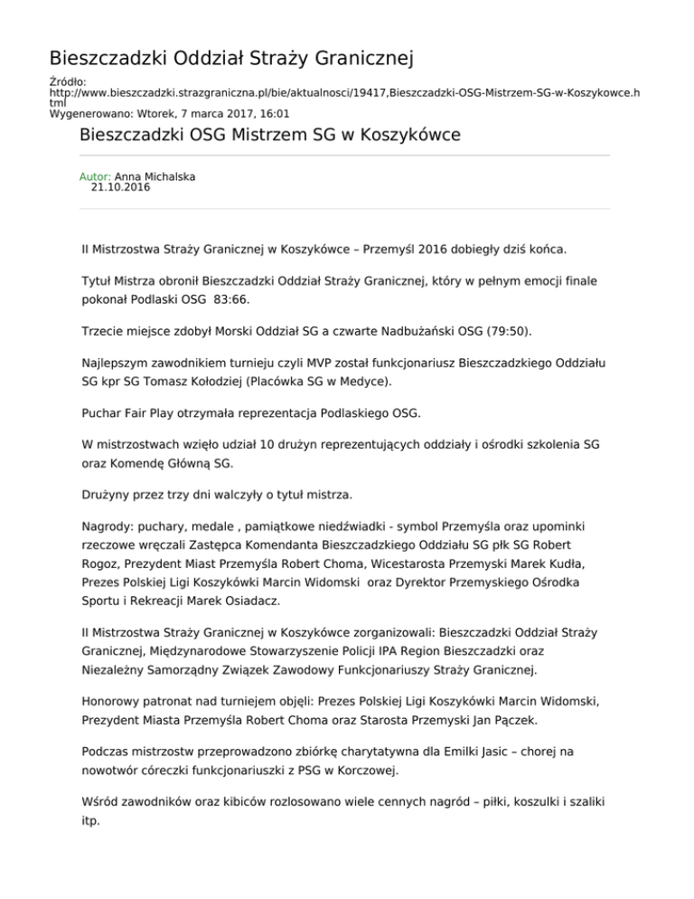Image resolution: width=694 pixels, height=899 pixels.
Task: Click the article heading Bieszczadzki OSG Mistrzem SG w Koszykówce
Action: coord(270,136)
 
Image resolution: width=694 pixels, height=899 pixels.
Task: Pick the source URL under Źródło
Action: coord(343,93)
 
